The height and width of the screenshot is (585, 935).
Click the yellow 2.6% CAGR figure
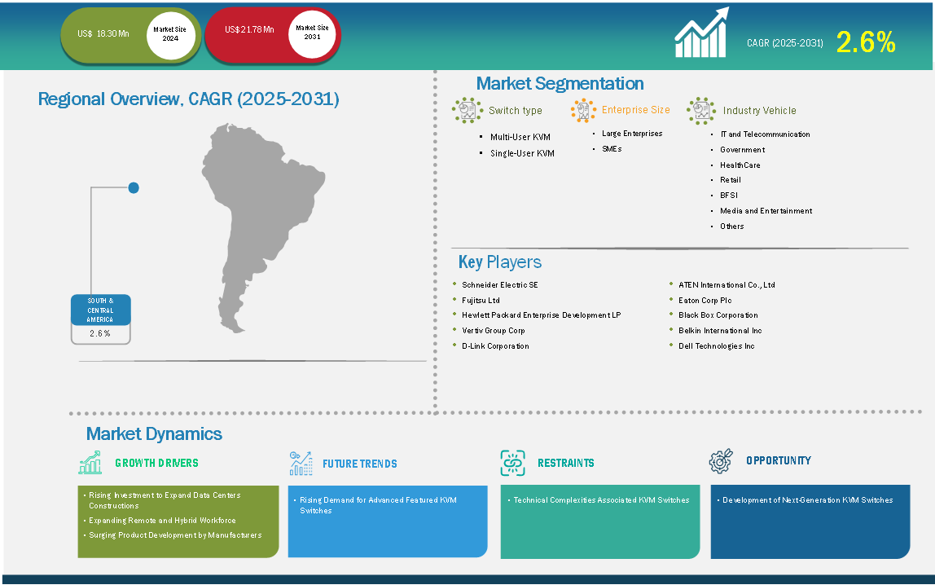865,42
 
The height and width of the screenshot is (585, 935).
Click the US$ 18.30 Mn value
103,34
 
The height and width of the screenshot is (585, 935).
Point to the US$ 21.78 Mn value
249,29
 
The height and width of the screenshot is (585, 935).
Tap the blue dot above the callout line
134,188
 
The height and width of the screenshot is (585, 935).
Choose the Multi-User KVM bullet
520,137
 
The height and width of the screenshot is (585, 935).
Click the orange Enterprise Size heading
635,110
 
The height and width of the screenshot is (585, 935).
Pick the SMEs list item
612,149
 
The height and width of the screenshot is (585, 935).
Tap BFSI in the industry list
729,195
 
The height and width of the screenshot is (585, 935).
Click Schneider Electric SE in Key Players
500,285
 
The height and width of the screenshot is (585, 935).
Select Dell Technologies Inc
716,346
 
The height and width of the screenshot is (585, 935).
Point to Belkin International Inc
720,330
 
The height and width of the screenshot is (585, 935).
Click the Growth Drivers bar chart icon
90,463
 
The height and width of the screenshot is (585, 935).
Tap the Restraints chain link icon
513,463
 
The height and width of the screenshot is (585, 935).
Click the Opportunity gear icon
721,461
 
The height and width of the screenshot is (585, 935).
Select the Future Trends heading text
359,464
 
